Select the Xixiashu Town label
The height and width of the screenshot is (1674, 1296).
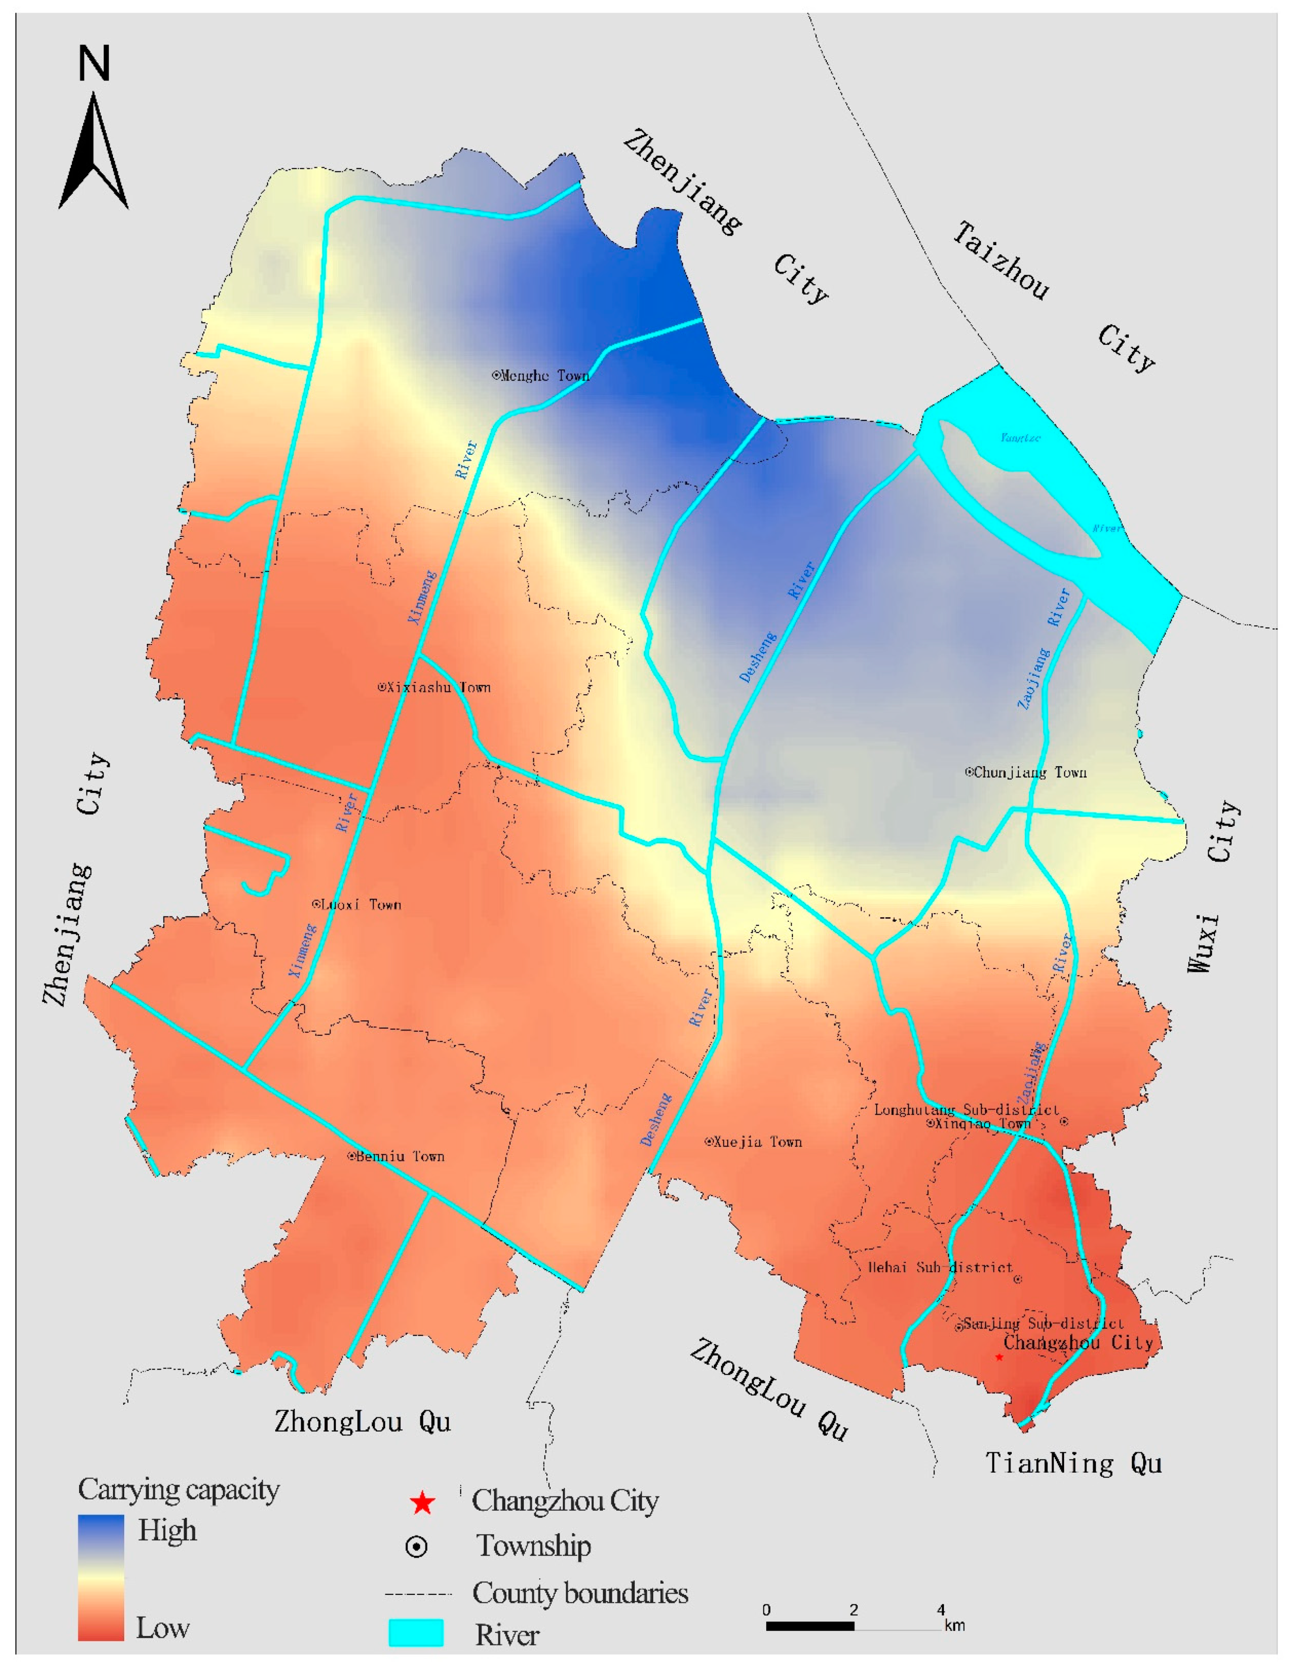click(434, 688)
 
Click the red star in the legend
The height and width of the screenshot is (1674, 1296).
click(422, 1504)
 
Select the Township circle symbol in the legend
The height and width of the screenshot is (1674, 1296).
click(416, 1547)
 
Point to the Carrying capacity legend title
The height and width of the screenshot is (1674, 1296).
click(178, 1490)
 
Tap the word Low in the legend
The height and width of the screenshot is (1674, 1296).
click(162, 1628)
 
